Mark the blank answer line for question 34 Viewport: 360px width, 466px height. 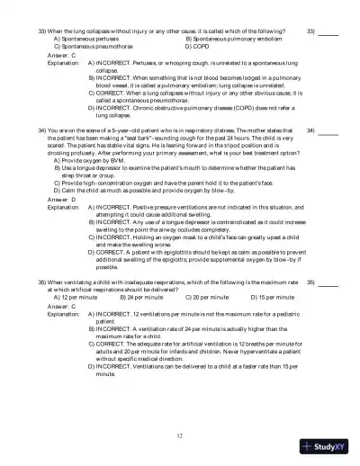pyautogui.click(x=328, y=132)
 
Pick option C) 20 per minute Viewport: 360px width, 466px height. pyautogui.click(x=206, y=297)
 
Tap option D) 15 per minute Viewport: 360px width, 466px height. pyautogui.click(x=271, y=297)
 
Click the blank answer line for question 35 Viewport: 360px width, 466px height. pyautogui.click(x=328, y=283)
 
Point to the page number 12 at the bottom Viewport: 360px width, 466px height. pyautogui.click(x=180, y=435)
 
